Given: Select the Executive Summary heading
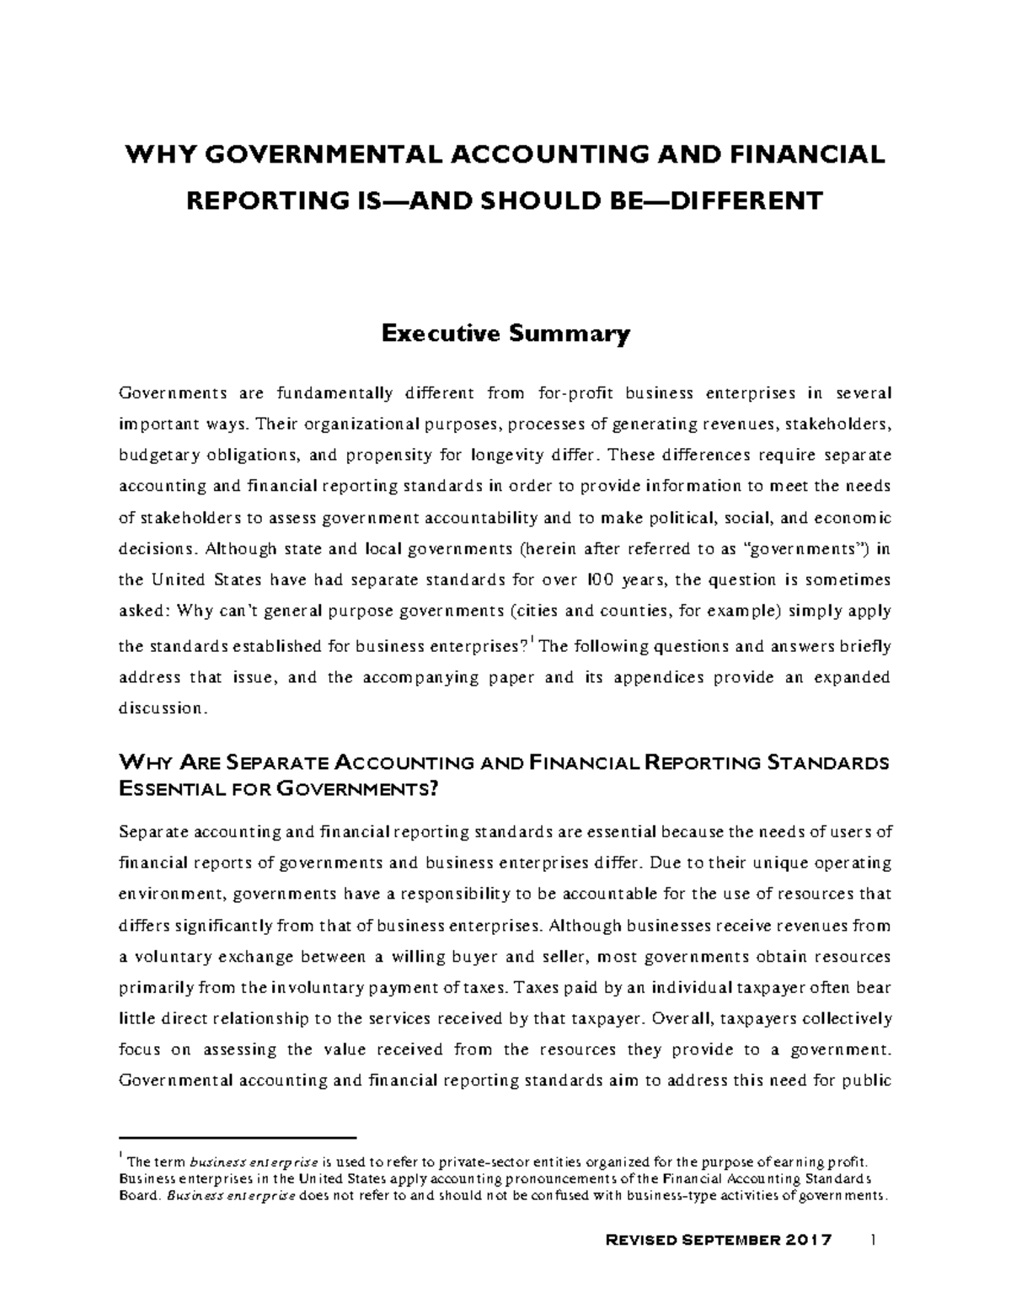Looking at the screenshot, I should (x=505, y=334).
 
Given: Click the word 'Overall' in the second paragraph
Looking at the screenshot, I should (x=681, y=1018).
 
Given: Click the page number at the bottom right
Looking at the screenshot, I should (x=874, y=1241).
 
